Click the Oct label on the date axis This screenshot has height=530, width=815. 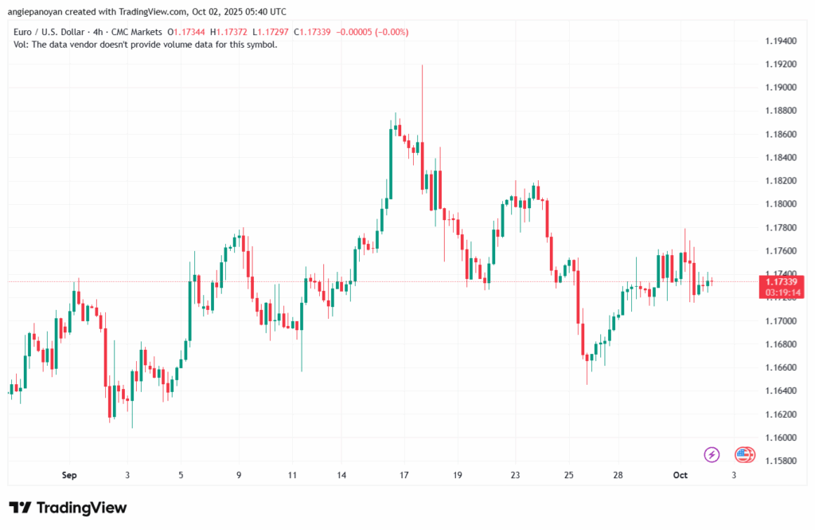pyautogui.click(x=680, y=475)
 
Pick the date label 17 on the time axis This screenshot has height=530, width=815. pyautogui.click(x=404, y=475)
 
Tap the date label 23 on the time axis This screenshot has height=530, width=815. pyautogui.click(x=514, y=475)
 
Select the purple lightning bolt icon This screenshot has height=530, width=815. pyautogui.click(x=712, y=454)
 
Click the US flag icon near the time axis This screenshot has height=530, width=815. pyautogui.click(x=744, y=454)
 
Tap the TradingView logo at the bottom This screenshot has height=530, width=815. pyautogui.click(x=68, y=508)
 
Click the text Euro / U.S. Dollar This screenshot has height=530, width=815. pyautogui.click(x=50, y=31)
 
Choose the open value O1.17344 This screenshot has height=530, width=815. pyautogui.click(x=185, y=31)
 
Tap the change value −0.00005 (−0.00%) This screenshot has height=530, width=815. pyautogui.click(x=372, y=31)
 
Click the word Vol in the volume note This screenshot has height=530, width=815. pyautogui.click(x=21, y=45)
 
